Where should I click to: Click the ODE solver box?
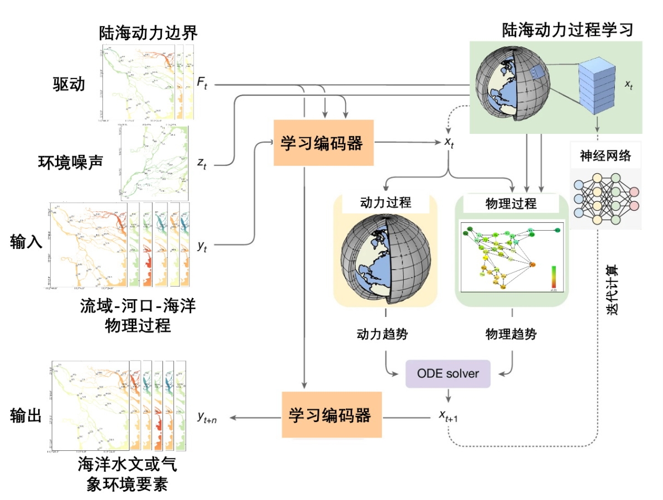click(x=448, y=374)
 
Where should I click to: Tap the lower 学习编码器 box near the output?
click(x=332, y=415)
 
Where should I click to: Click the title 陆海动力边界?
click(x=148, y=33)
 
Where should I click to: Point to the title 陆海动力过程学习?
click(x=567, y=30)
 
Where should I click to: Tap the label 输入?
click(x=26, y=242)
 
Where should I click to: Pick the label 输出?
click(x=26, y=415)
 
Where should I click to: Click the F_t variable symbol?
click(x=202, y=84)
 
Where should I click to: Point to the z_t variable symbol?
click(x=202, y=164)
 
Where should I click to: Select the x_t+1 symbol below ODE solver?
click(x=448, y=416)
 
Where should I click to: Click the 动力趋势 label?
click(x=385, y=334)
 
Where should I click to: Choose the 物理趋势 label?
click(x=511, y=334)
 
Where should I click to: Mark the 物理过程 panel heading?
click(x=511, y=203)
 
